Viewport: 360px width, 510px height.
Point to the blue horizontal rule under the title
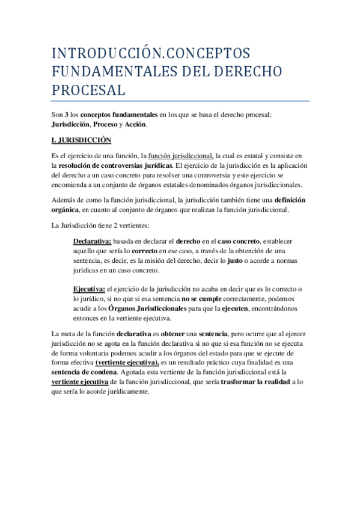tap(180, 101)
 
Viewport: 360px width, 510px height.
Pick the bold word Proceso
tap(102, 124)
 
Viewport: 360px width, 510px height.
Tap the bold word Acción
tap(135, 124)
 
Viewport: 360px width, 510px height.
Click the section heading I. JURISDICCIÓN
tap(82, 140)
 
